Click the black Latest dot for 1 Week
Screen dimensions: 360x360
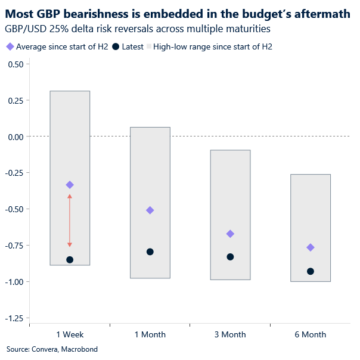pos(70,260)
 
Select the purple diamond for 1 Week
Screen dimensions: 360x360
pos(70,185)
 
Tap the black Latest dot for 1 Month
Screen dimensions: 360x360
pos(150,252)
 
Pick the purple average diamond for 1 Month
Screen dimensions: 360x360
pos(150,210)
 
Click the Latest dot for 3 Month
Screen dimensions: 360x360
pos(230,257)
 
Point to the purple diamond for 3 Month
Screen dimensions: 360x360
pos(230,234)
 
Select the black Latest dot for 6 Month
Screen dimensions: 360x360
pos(310,271)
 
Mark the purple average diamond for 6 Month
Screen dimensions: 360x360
pos(310,247)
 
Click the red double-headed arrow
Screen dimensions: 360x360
pos(70,221)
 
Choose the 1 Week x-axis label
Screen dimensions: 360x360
pos(70,335)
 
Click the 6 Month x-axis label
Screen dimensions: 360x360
pos(310,335)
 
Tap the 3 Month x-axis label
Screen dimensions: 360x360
pos(230,335)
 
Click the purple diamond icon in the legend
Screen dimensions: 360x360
pos(10,46)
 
